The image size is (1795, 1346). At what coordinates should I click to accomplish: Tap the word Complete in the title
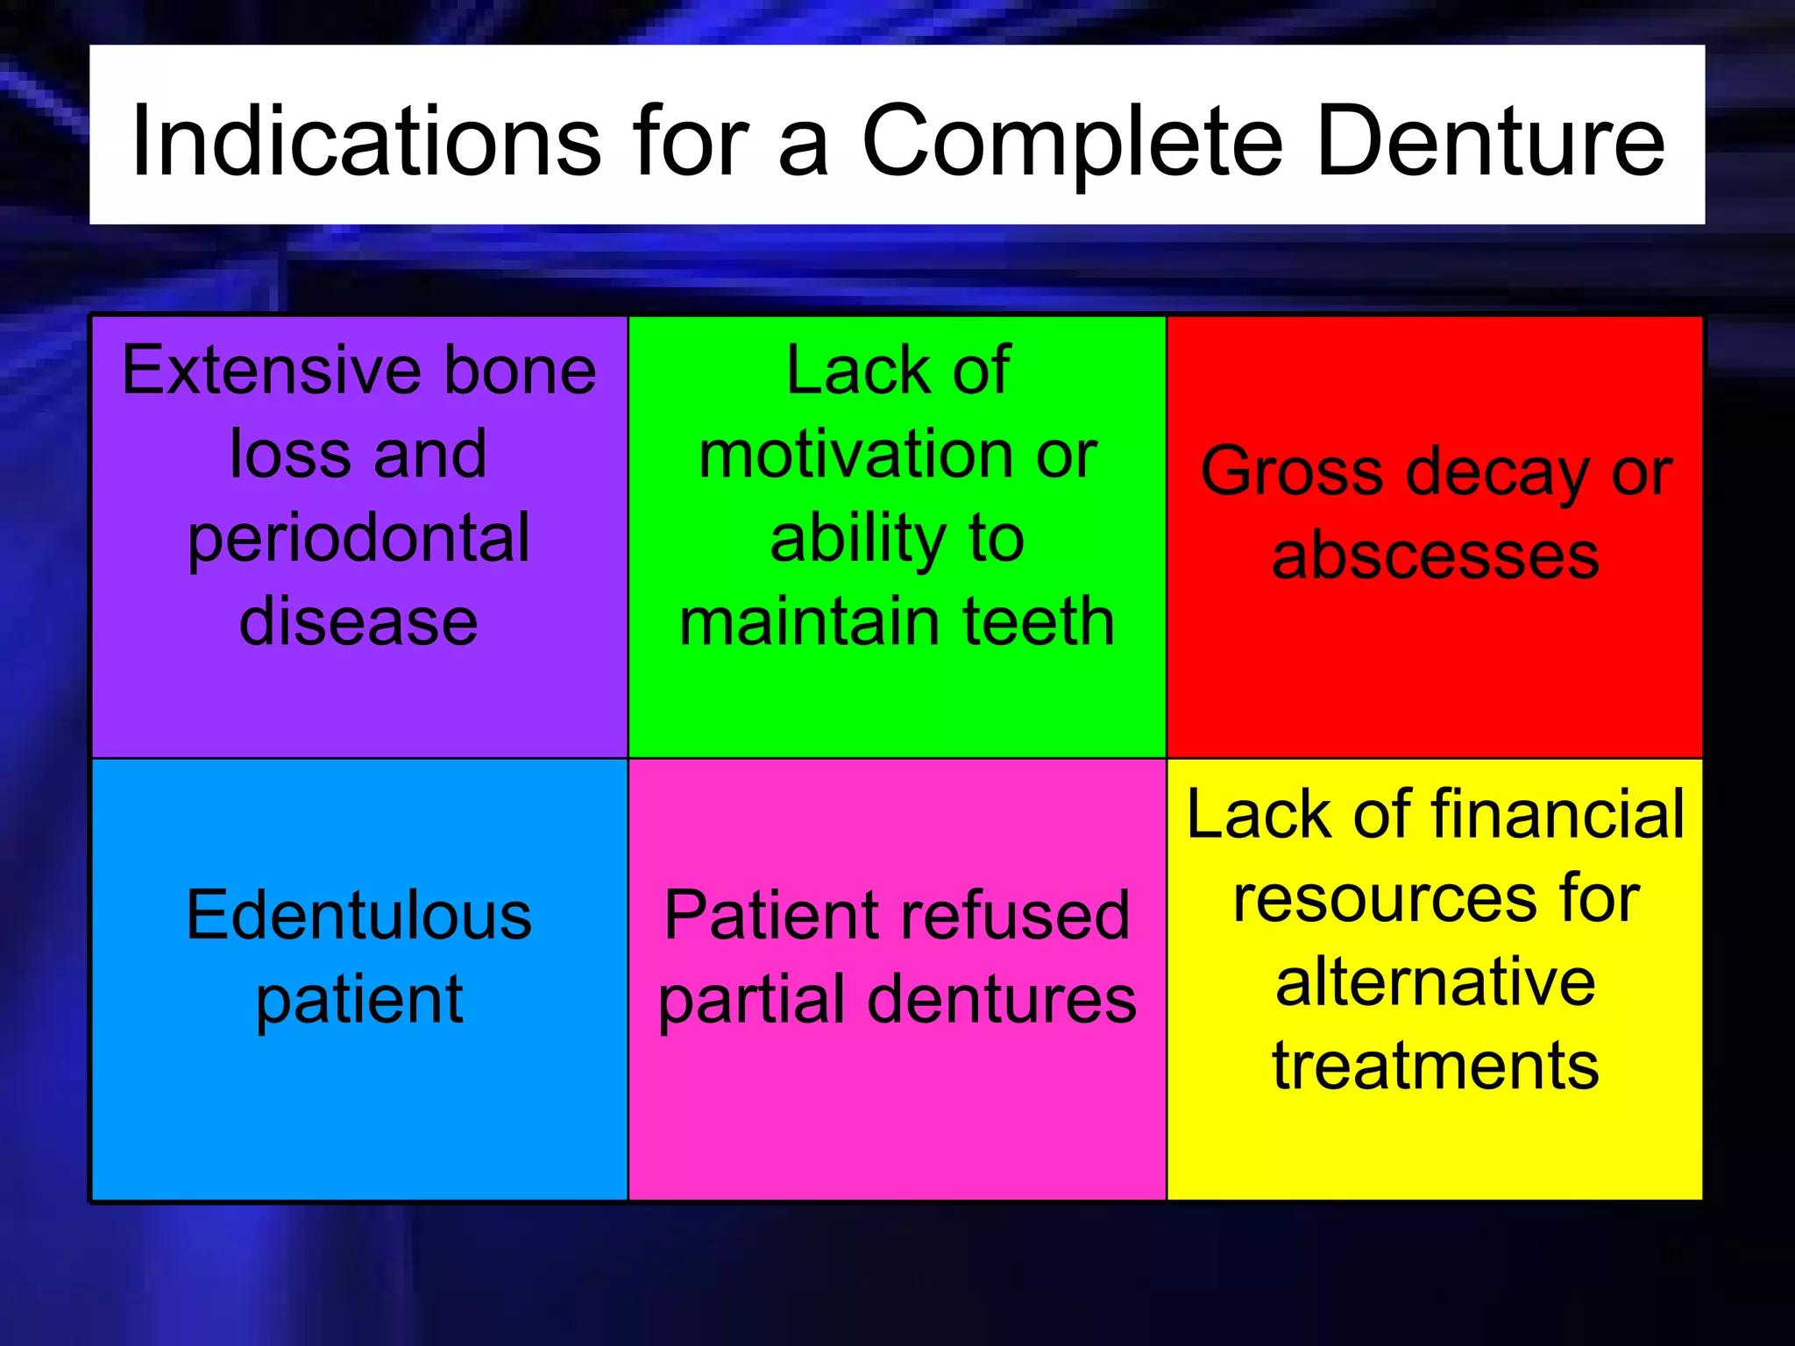pos(1073,140)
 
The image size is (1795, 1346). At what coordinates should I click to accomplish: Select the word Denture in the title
pos(1490,140)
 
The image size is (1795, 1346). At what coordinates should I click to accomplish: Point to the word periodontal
pos(358,540)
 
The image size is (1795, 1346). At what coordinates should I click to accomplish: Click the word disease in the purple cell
pos(358,621)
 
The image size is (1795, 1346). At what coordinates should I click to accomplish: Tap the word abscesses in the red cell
pos(1435,556)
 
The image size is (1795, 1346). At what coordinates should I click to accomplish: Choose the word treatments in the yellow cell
pos(1435,1066)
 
